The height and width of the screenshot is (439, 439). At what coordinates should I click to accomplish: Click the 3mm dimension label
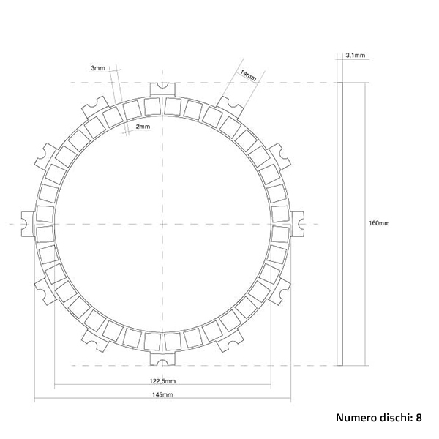(98, 68)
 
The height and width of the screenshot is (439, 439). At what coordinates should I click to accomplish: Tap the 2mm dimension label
(143, 127)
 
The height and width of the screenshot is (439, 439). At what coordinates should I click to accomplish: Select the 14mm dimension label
(248, 75)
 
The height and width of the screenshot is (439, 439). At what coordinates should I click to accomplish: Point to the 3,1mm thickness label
(356, 55)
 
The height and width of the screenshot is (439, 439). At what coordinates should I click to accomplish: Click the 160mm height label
(379, 223)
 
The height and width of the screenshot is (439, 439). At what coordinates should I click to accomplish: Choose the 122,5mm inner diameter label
(162, 381)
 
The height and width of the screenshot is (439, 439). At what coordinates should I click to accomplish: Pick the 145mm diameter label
(162, 394)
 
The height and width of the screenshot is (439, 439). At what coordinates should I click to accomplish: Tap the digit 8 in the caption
(419, 418)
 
